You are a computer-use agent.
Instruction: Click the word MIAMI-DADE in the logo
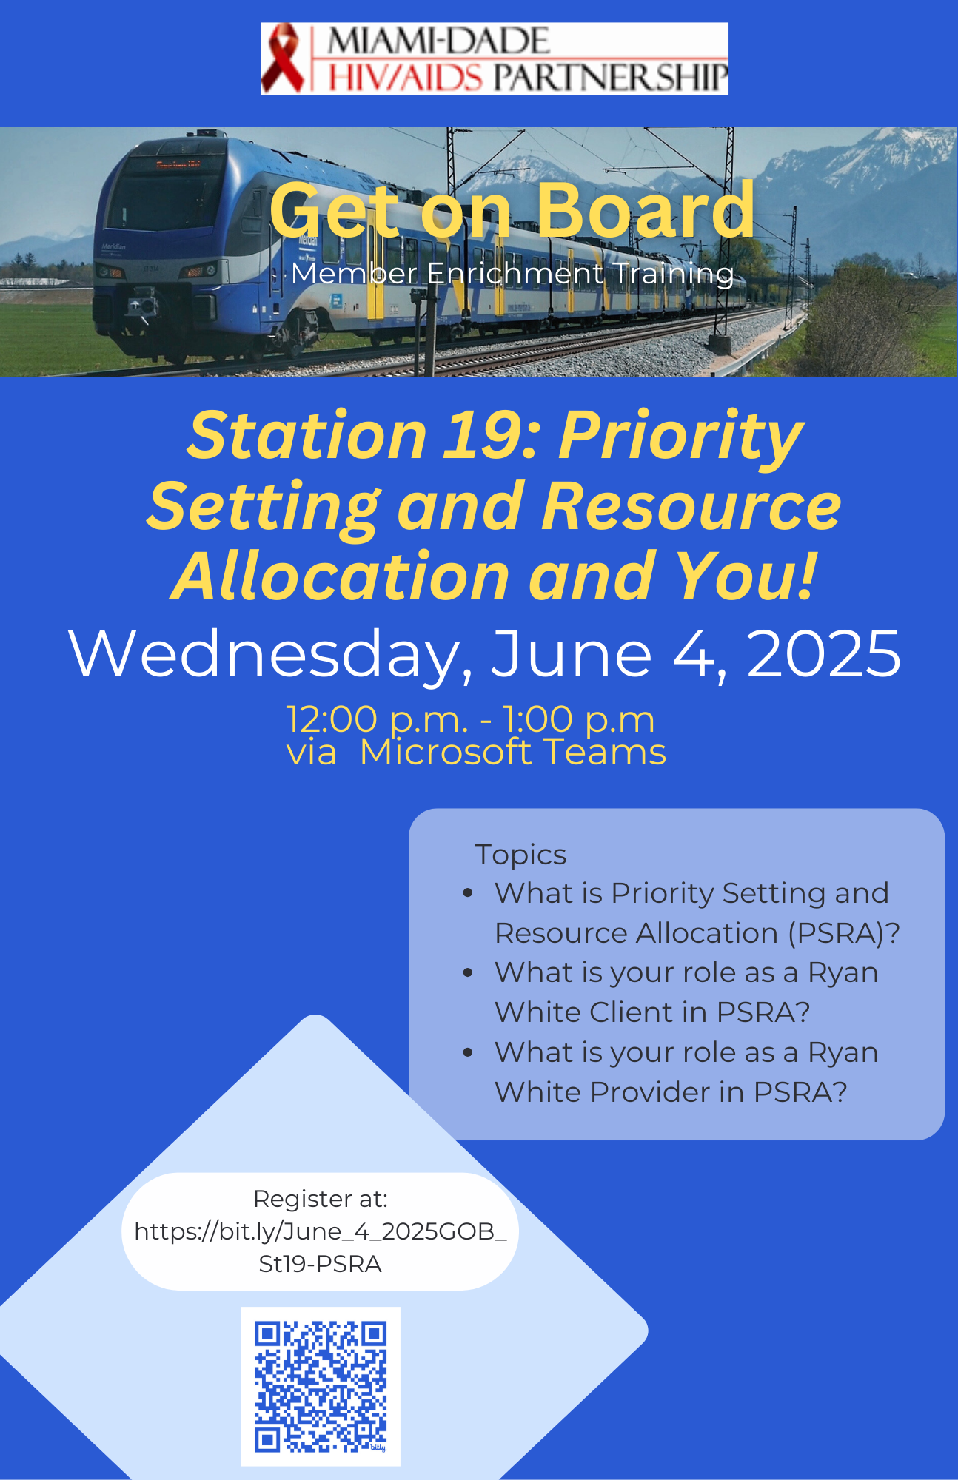coord(438,41)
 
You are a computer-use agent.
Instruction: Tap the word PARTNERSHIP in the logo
coord(611,77)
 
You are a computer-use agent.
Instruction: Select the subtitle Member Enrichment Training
coord(512,274)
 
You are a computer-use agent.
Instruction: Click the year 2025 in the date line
coord(823,653)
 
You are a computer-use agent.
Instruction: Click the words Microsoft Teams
coord(512,752)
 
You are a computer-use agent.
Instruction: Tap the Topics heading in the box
coord(521,855)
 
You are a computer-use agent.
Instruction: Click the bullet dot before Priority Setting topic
coord(468,893)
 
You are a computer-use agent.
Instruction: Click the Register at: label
coord(321,1199)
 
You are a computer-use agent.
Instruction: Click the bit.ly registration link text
coord(321,1248)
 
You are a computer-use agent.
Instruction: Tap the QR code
coord(321,1386)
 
